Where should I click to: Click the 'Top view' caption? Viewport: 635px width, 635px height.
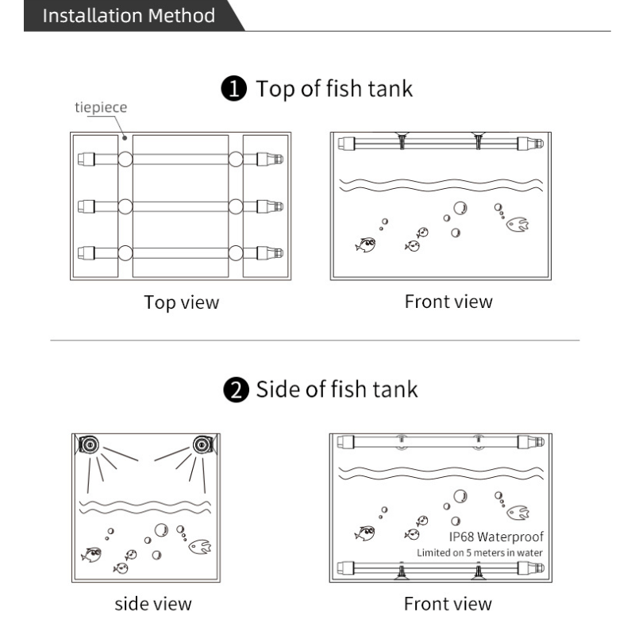182,302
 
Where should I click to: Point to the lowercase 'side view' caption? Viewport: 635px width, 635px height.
153,604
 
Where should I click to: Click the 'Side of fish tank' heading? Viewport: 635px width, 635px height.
335,391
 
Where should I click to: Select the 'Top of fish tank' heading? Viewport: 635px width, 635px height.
333,88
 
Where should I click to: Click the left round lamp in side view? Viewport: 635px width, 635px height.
88,444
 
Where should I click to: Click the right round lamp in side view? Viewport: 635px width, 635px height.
199,444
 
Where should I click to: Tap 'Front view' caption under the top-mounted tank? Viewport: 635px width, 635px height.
448,302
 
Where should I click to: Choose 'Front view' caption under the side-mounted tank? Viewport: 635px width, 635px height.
448,604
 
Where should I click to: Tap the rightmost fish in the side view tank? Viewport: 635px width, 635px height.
200,546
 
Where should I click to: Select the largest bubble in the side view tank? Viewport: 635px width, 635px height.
162,530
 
